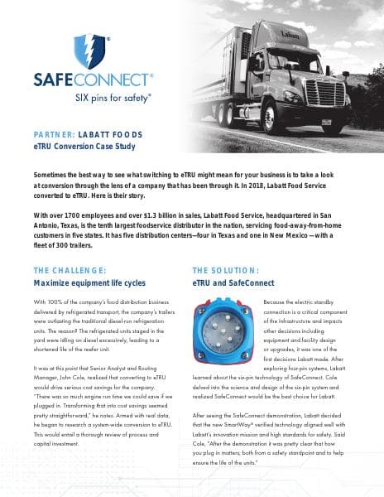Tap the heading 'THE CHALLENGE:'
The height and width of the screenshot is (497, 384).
coord(70,271)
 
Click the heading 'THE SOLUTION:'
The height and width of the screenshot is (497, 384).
coord(226,271)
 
